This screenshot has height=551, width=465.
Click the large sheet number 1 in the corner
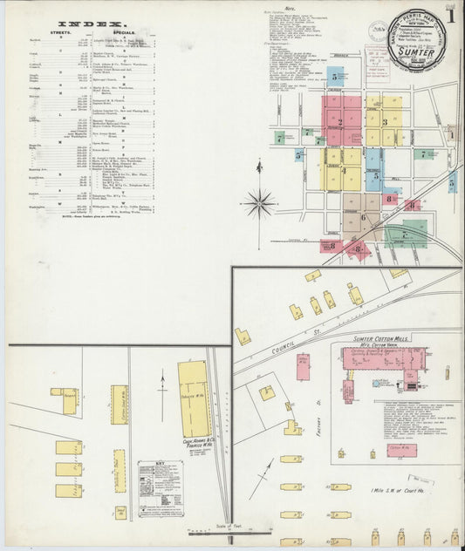coord(450,16)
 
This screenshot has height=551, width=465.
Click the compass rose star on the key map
coord(258,204)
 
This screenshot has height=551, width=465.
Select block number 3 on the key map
coord(384,122)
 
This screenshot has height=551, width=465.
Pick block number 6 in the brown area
coord(363,217)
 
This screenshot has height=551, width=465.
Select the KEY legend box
coord(159,487)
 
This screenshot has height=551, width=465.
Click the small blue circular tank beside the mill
coord(376,383)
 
